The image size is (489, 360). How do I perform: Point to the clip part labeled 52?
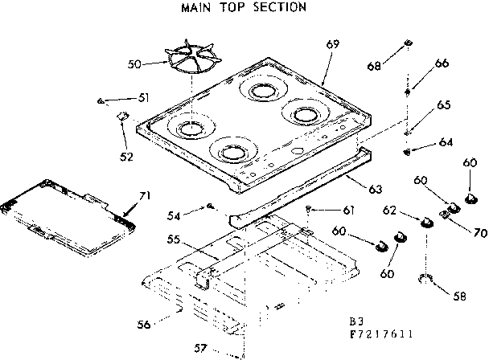pos(123,117)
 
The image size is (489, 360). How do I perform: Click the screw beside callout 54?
pos(208,207)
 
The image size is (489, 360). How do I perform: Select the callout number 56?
pos(144,324)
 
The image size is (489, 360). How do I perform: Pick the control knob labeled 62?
pos(421,220)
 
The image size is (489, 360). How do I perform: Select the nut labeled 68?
pos(409,42)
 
